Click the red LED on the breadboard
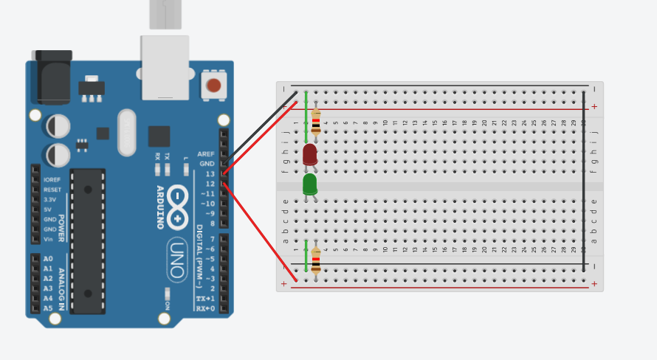[310, 154]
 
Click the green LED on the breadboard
[310, 184]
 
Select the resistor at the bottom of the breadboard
[316, 260]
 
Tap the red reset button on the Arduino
[213, 85]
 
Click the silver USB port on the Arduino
[165, 66]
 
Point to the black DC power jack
[52, 77]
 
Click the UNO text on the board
[177, 260]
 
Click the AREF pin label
[206, 154]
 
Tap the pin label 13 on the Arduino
[210, 173]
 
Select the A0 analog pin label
[49, 259]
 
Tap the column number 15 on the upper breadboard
[435, 123]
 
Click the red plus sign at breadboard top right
[594, 107]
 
